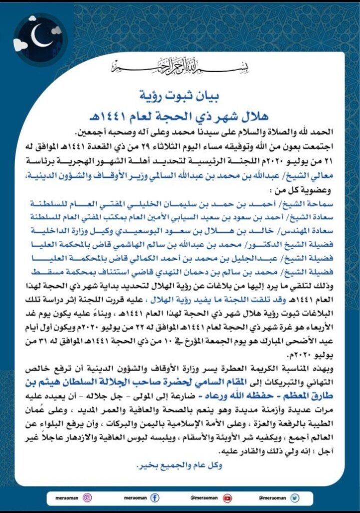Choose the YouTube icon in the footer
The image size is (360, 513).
point(228,497)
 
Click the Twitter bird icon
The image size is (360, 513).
point(294,497)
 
